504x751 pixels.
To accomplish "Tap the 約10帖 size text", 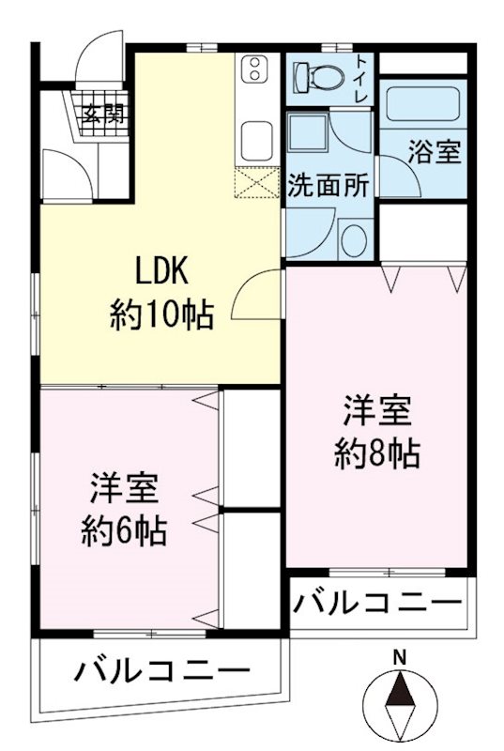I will tap(162, 314).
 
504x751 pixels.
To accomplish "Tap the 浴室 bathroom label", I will tap(435, 153).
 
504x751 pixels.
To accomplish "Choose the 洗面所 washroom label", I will tap(328, 185).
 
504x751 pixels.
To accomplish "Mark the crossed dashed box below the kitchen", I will tap(256, 182).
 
